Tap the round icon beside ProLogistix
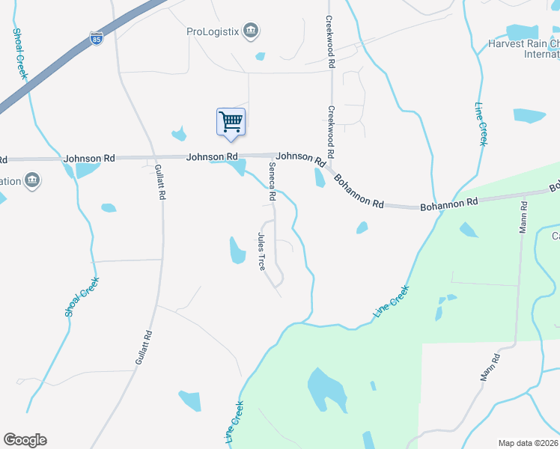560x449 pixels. tap(252, 31)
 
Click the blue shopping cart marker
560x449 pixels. tap(231, 121)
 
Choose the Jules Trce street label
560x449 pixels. tap(261, 251)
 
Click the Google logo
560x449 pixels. tap(25, 440)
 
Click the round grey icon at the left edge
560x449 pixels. tap(32, 180)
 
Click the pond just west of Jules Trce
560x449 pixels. tap(237, 251)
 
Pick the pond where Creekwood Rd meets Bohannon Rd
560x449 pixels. tap(320, 178)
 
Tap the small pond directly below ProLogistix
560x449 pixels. tap(260, 56)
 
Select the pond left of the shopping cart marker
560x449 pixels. tap(179, 135)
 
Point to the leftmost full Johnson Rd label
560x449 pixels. tap(89, 159)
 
